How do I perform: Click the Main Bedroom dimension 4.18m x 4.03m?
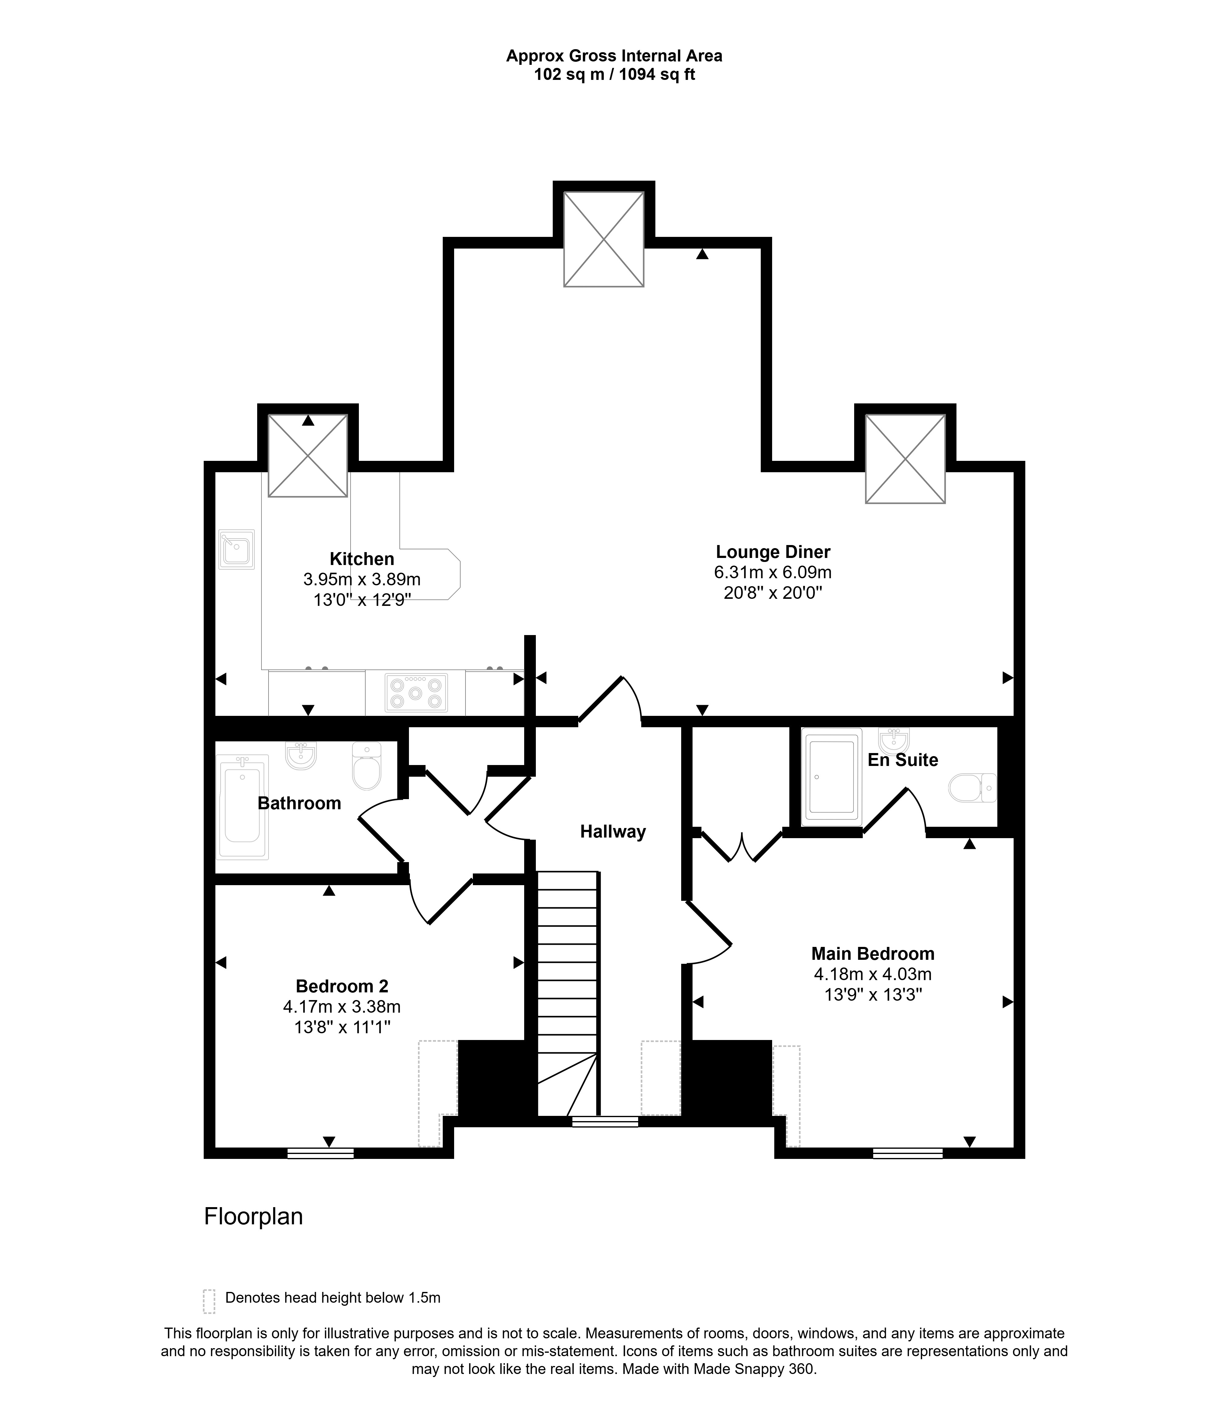873,974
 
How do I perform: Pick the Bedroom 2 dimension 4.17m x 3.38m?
341,1007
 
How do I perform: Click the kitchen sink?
236,549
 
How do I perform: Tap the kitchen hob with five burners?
415,692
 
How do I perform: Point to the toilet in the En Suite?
972,787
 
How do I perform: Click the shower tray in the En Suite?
831,777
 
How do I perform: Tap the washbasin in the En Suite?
894,740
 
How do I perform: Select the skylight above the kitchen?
308,456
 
